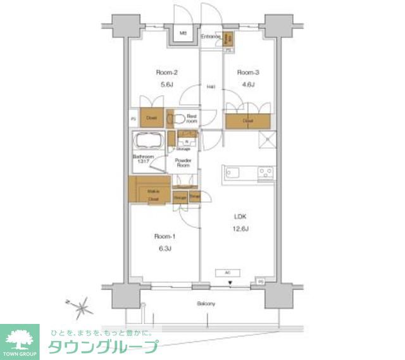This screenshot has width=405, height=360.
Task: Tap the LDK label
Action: (x=238, y=216)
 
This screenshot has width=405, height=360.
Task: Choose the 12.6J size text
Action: (x=238, y=228)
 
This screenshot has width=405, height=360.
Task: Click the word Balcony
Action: (x=205, y=304)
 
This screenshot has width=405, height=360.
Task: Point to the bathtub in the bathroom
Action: (x=149, y=141)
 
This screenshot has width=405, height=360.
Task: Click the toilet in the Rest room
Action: (x=178, y=118)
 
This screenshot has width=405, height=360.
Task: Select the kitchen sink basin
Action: (x=232, y=173)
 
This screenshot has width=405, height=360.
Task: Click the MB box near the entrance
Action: (x=182, y=34)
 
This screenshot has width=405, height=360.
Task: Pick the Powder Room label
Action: (x=183, y=163)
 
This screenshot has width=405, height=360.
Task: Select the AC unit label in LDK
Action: (x=227, y=273)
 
